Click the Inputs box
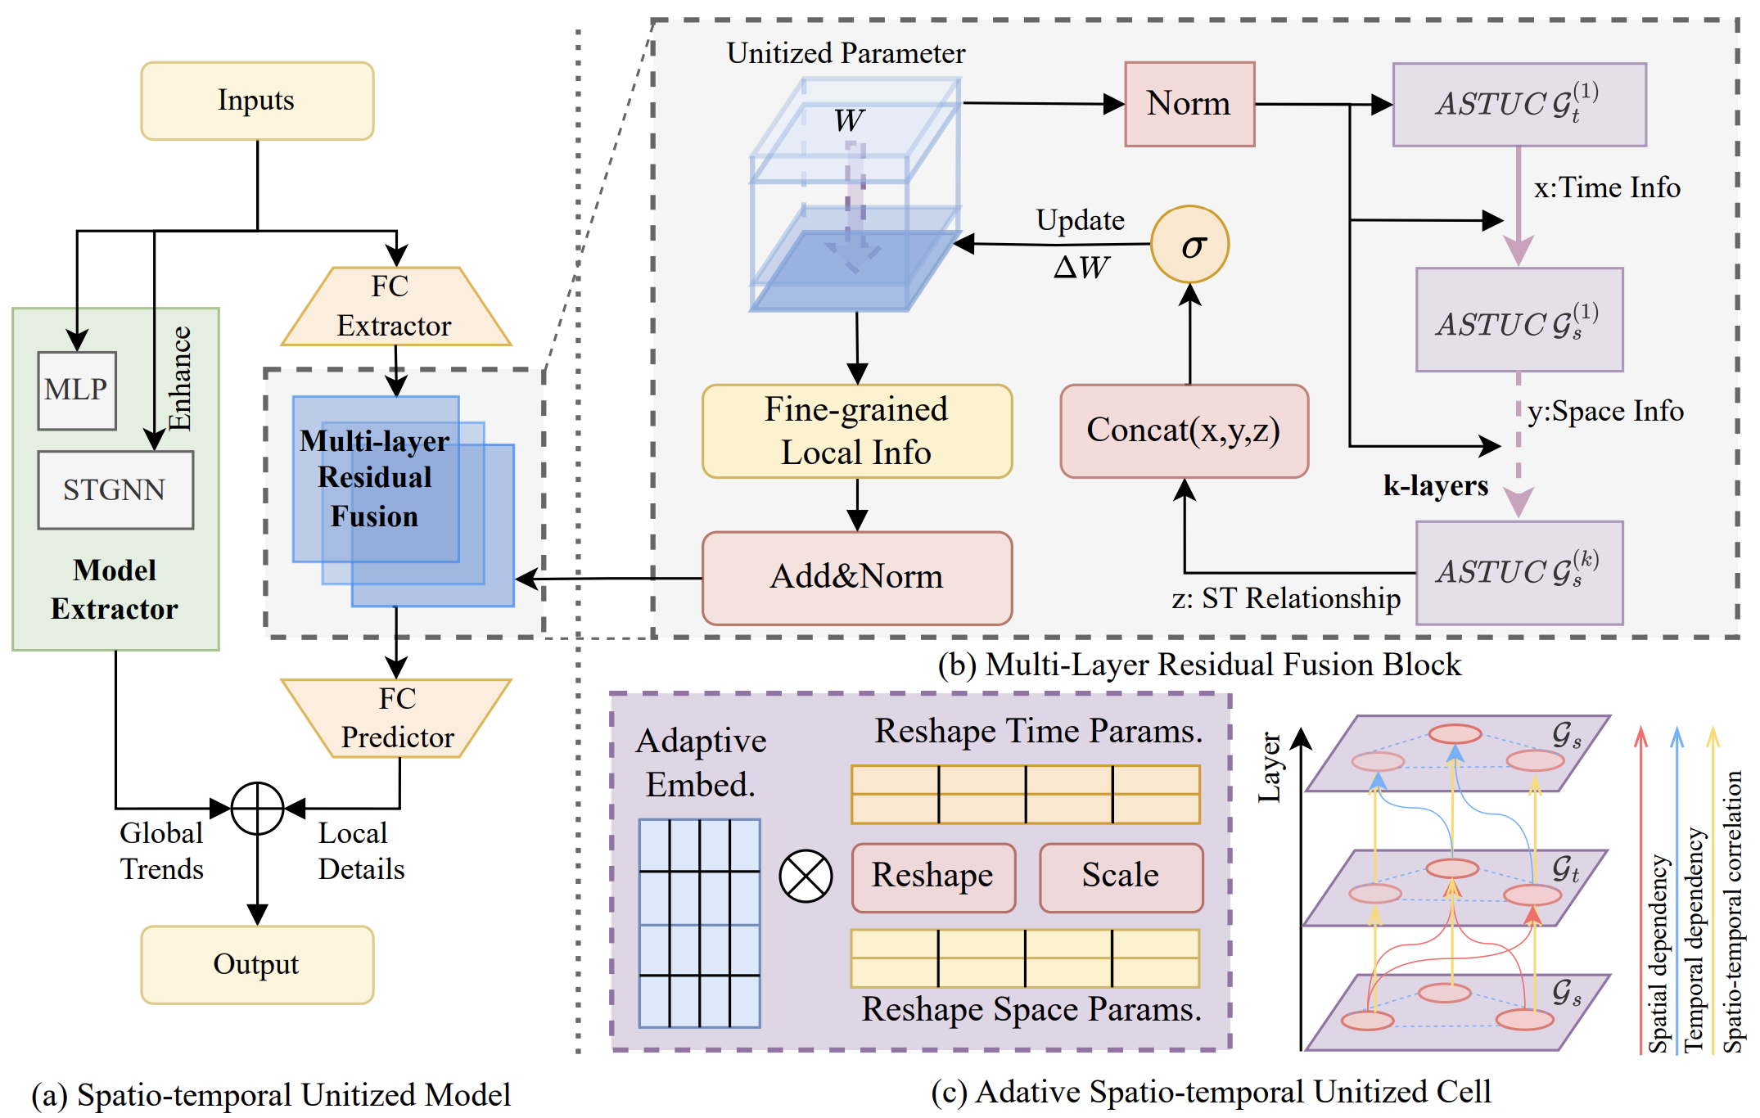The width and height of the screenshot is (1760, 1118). (257, 101)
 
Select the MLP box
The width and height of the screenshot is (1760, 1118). (77, 390)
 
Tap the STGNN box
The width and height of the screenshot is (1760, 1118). (115, 489)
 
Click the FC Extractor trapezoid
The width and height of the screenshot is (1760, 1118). (395, 307)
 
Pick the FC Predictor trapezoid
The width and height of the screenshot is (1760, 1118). (397, 718)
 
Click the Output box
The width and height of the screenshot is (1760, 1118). (257, 964)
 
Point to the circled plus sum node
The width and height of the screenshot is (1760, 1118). (257, 808)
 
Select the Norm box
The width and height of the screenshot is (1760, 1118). (1189, 104)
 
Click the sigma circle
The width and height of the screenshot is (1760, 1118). (1189, 245)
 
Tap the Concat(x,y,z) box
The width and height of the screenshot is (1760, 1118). (1184, 431)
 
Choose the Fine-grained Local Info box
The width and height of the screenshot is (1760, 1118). (857, 431)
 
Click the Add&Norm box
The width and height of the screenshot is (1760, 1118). (857, 578)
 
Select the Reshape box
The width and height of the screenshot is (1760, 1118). (933, 877)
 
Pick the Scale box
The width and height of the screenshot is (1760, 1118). (1121, 877)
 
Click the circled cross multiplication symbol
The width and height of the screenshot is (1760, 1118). (806, 876)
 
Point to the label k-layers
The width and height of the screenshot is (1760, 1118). (1435, 485)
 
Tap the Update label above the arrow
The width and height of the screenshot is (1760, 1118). (1080, 220)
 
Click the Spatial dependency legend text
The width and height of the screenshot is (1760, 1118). (1657, 953)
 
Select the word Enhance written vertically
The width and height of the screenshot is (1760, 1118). (179, 377)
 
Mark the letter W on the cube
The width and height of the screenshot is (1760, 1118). (849, 121)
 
